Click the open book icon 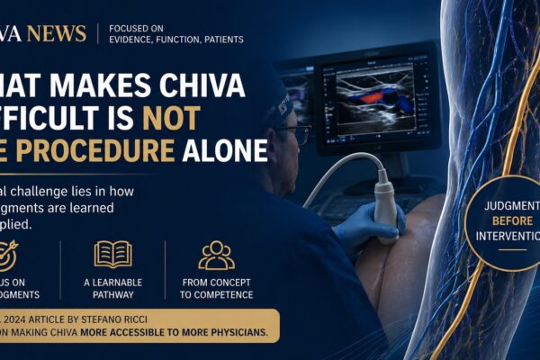(x=112, y=255)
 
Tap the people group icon (x=216, y=255)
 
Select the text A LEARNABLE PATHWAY (x=112, y=288)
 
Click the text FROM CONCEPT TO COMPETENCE (x=216, y=288)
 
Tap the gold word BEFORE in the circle (x=513, y=220)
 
